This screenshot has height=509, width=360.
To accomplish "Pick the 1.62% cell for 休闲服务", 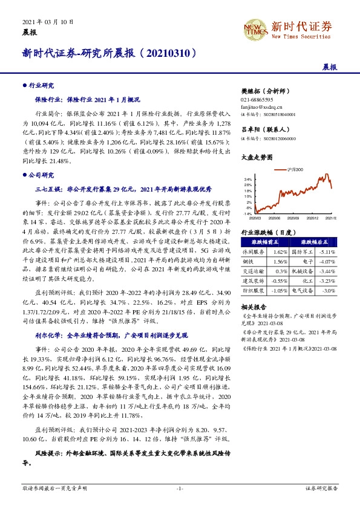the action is [279, 251].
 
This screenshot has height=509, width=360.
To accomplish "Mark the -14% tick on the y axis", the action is [247, 213].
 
